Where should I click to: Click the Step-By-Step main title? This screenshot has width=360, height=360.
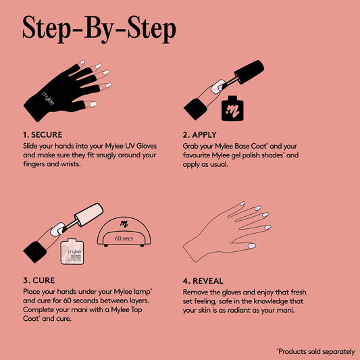point(99,28)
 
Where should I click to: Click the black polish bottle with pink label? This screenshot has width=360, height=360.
point(234,108)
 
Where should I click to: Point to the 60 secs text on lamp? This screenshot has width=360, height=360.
point(124,238)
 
